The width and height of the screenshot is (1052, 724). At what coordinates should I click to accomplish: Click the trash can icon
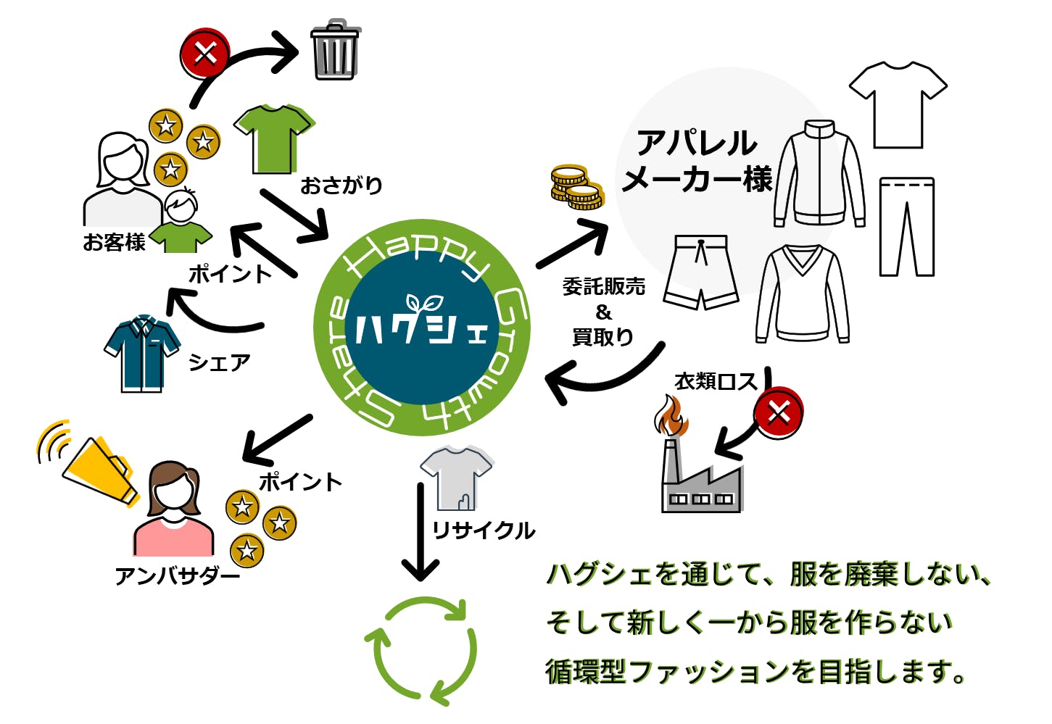335,51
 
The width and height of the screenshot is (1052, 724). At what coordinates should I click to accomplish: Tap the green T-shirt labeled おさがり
274,138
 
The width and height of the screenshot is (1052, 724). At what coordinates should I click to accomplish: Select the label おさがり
341,186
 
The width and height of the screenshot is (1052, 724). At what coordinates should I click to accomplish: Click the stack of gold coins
576,187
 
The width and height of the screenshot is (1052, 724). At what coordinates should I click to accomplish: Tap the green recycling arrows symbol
421,649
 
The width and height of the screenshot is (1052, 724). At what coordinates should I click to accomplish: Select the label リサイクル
484,530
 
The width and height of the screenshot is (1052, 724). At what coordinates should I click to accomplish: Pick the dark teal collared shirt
142,353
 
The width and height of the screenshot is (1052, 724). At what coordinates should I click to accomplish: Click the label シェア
219,362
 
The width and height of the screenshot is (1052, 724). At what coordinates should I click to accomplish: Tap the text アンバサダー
178,576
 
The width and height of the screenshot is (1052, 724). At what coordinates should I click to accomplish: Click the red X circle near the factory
778,413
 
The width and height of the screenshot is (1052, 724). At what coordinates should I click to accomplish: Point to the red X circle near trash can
205,53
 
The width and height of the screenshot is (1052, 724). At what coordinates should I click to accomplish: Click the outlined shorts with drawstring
701,272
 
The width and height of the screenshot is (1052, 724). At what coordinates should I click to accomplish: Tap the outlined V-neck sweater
802,294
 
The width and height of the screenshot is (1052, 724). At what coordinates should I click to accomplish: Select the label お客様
114,242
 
